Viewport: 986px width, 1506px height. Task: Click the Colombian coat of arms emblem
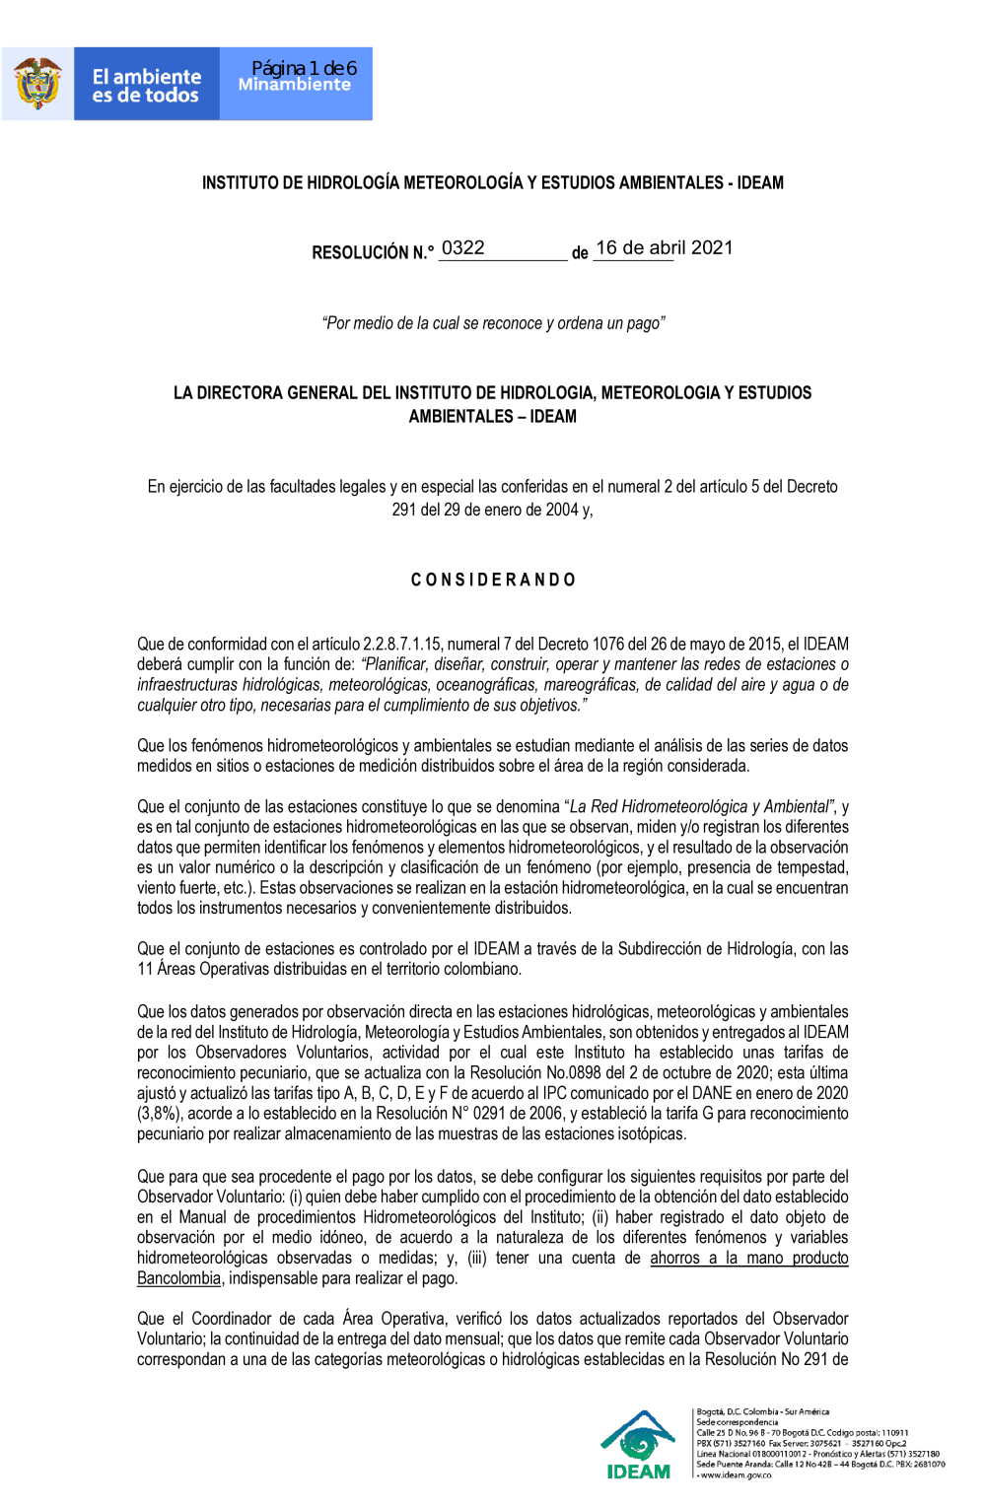click(x=37, y=84)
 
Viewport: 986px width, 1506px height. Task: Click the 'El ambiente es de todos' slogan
click(x=146, y=86)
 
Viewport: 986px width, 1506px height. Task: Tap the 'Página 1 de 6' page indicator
click(x=304, y=68)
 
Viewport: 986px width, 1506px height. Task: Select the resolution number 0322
click(x=462, y=247)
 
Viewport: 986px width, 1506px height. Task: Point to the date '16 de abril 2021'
click(x=664, y=247)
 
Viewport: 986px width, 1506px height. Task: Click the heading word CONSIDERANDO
click(x=493, y=580)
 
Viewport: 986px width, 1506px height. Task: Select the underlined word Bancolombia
click(x=178, y=1278)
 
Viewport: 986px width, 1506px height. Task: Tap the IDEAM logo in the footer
click(x=638, y=1445)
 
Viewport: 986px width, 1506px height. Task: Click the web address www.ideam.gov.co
click(x=736, y=1475)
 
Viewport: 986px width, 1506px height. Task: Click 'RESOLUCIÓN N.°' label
click(x=373, y=252)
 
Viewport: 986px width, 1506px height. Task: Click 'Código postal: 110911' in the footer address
click(x=867, y=1433)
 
